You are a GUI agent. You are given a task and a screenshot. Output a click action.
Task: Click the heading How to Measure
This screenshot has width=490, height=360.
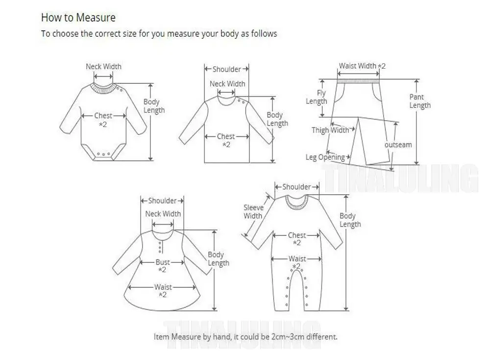pyautogui.click(x=78, y=18)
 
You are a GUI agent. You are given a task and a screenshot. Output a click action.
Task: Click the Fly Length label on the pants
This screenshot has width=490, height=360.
pyautogui.click(x=317, y=97)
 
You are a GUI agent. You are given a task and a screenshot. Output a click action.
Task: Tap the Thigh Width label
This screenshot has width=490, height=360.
pyautogui.click(x=331, y=130)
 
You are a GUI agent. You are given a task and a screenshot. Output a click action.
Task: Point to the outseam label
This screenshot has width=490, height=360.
pyautogui.click(x=398, y=145)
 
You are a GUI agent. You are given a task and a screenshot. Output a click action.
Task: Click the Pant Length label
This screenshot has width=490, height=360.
pyautogui.click(x=420, y=101)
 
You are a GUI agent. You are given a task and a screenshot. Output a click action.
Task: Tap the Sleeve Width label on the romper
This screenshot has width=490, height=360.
pyautogui.click(x=253, y=212)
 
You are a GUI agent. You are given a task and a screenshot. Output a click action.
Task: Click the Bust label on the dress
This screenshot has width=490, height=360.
pyautogui.click(x=163, y=262)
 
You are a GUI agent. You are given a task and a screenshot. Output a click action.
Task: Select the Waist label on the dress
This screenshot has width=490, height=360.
pyautogui.click(x=163, y=287)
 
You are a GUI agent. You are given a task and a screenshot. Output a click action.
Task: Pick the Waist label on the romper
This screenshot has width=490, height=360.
pyautogui.click(x=297, y=258)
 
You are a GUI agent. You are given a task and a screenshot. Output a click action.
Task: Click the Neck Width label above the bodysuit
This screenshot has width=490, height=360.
pyautogui.click(x=103, y=67)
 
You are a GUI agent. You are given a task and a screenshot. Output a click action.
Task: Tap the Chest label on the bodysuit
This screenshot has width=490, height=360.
pyautogui.click(x=103, y=116)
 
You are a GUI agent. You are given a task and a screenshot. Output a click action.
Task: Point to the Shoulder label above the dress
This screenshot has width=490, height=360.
pyautogui.click(x=162, y=201)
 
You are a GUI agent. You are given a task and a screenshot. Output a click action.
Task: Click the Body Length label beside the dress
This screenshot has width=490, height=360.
pyautogui.click(x=219, y=259)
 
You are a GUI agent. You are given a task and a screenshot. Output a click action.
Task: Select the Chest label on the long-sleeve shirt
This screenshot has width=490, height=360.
pyautogui.click(x=226, y=136)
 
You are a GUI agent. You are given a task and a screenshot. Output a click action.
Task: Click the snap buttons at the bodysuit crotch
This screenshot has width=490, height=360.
pyautogui.click(x=103, y=154)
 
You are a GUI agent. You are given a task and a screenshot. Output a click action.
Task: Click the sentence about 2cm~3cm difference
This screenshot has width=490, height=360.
pyautogui.click(x=245, y=337)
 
